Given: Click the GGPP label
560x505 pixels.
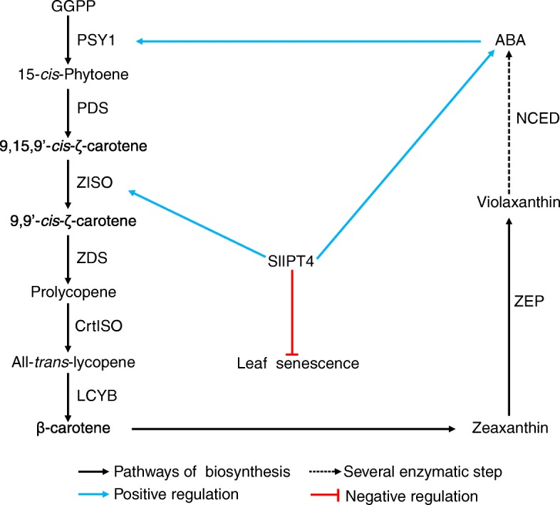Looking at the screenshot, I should tap(69, 8).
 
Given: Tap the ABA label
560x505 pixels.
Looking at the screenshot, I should tap(510, 42).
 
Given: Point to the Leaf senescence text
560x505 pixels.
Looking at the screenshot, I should tap(297, 363).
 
